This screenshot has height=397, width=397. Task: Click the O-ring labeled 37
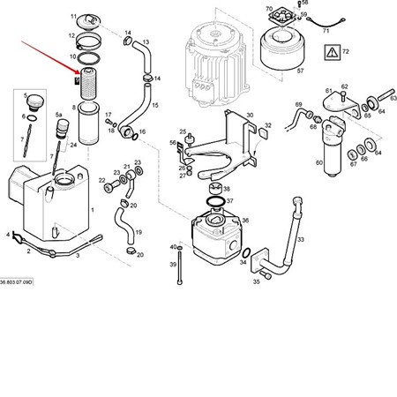pyautogui.click(x=213, y=206)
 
